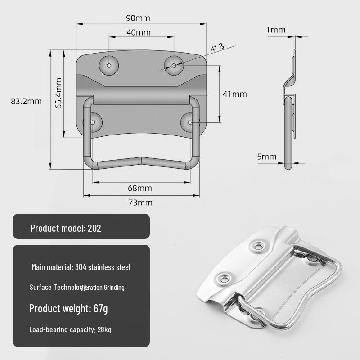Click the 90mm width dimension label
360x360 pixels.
click(x=138, y=18)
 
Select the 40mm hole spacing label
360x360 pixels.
click(x=138, y=32)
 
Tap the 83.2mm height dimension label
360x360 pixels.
click(x=26, y=101)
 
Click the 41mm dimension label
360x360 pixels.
click(x=235, y=94)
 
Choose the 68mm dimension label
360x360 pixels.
click(x=139, y=188)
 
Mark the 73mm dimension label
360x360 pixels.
click(x=140, y=202)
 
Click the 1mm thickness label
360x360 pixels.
click(x=276, y=30)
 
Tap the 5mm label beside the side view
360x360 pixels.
click(x=267, y=157)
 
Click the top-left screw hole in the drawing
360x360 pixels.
click(x=109, y=65)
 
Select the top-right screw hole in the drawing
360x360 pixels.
click(x=174, y=66)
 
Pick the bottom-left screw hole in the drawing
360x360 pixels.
click(x=93, y=122)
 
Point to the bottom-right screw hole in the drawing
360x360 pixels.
click(x=190, y=122)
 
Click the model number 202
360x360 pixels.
click(x=94, y=228)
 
